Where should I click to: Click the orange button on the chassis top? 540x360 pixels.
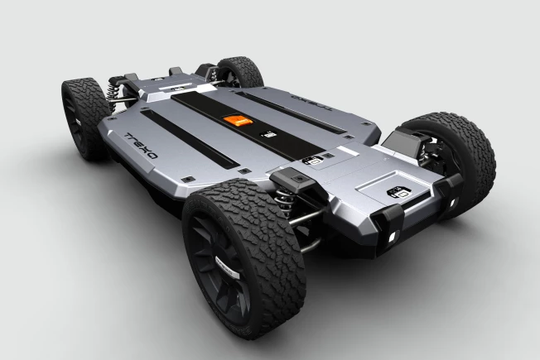click(236, 120)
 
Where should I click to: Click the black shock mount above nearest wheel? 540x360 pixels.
click(294, 180)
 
